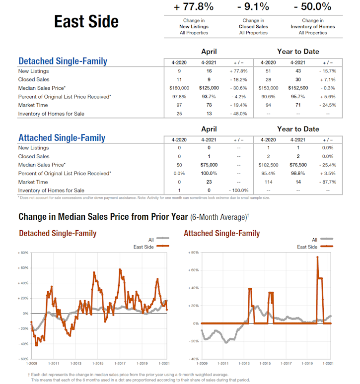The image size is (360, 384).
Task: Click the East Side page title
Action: coord(86,22)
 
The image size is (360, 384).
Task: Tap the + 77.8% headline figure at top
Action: coord(194,7)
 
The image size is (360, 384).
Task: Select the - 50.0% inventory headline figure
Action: coord(312,7)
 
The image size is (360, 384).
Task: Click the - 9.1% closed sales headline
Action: coord(253,7)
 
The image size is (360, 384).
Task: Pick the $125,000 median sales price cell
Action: coord(209,88)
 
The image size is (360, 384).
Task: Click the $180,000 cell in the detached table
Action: coord(179,88)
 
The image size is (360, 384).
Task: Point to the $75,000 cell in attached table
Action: coord(209,165)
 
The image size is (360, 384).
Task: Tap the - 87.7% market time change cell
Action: coord(328,182)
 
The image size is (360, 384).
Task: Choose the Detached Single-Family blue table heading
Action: coord(63,62)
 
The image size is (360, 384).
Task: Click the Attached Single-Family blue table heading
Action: coord(62,138)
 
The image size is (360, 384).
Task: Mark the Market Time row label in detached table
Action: coord(33,105)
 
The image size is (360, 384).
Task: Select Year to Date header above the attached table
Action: coord(298,129)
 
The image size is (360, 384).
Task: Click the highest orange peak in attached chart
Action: coord(317,257)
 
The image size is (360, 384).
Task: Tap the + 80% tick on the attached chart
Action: coord(193,253)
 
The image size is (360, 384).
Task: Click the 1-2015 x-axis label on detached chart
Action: coord(96,364)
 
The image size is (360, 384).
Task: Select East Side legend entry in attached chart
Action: coord(307,247)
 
